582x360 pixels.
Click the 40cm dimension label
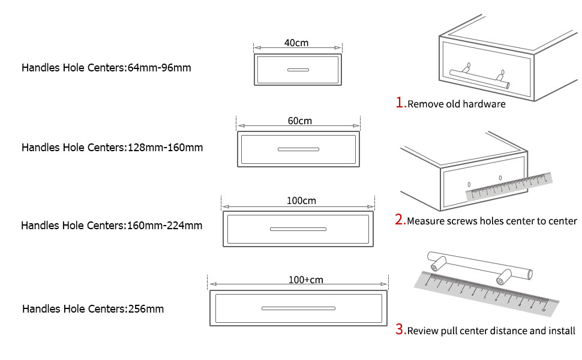coord(297,43)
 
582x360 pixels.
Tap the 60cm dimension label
coord(299,121)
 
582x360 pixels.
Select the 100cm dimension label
coord(301,200)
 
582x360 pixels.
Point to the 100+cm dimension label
coord(305,280)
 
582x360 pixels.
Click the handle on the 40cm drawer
coord(298,70)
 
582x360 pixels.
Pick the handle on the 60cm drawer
coord(298,149)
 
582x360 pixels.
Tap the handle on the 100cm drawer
coord(298,229)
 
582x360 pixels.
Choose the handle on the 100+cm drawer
coord(298,308)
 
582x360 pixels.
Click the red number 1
coord(400,103)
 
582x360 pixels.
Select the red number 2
coord(400,220)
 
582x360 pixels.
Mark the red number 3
coord(400,329)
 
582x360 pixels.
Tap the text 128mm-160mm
coord(166,148)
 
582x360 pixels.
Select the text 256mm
coord(146,310)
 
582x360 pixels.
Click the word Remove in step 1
coord(425,104)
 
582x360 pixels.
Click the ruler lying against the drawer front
coord(509,186)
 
